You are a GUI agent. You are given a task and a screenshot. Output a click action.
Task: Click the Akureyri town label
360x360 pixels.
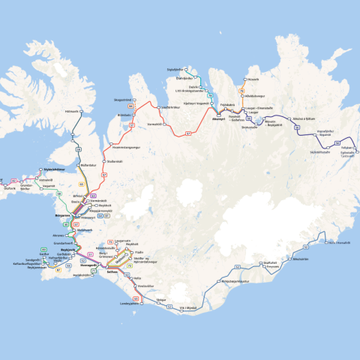pyautogui.click(x=218, y=119)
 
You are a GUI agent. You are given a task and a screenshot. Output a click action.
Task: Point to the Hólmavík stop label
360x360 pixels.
pyautogui.click(x=72, y=111)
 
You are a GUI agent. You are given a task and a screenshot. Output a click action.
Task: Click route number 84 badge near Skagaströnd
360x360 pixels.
pyautogui.click(x=130, y=107)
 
